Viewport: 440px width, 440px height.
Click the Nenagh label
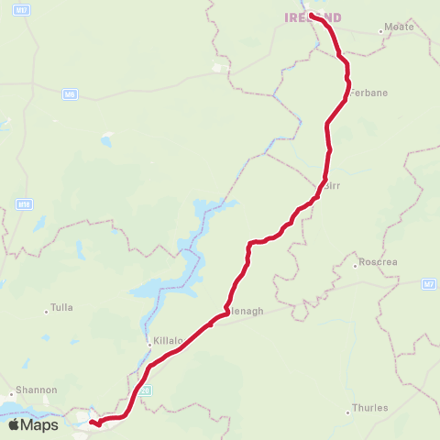244,311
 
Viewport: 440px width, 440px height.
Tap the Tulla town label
62,308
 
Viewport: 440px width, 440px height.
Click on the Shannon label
36,390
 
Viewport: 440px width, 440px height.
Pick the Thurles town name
370,408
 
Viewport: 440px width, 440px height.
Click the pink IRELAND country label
313,17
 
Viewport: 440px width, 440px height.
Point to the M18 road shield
23,204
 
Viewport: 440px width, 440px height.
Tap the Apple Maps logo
34,424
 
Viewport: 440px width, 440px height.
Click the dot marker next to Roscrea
356,266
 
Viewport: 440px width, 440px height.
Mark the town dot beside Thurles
348,412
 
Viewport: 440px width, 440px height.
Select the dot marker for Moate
381,32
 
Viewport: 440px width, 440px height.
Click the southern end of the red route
91,423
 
